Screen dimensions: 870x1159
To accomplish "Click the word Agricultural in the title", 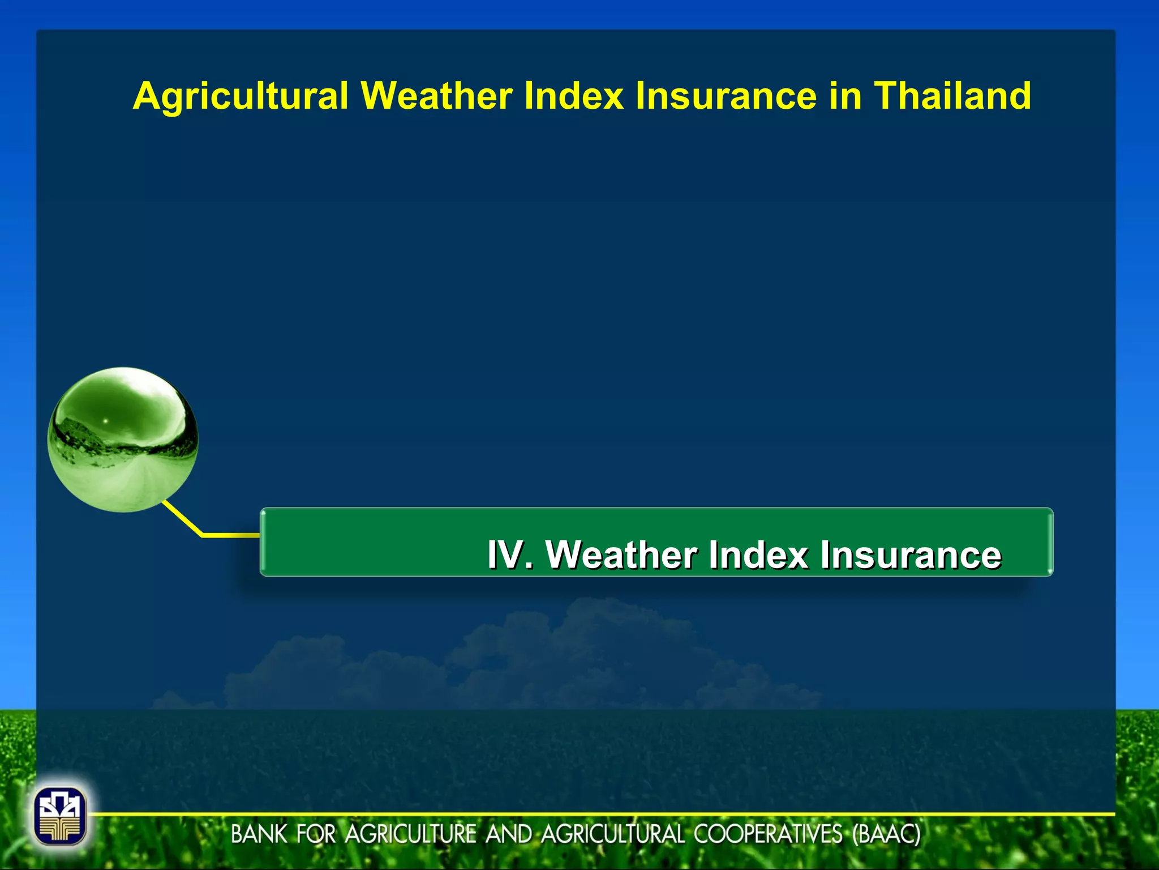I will pos(240,96).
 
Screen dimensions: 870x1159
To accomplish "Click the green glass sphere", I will pos(123,440).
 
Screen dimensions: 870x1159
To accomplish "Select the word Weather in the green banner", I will pos(621,555).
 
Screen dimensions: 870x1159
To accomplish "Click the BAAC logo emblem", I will pos(60,816).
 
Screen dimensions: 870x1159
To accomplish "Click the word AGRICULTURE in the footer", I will pos(411,834).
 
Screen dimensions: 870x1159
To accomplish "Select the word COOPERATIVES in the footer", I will pos(769,834).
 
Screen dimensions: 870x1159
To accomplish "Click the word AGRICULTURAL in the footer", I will pos(614,834).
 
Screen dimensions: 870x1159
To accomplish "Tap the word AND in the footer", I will pos(509,834).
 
